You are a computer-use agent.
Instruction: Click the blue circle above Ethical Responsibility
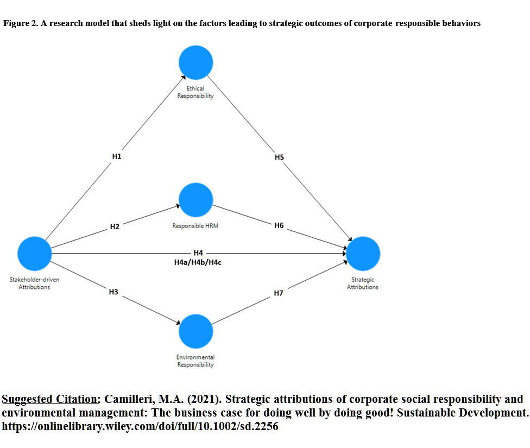coord(195,62)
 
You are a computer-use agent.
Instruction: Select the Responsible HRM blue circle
coord(195,200)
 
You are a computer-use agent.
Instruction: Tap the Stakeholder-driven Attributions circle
coord(34,254)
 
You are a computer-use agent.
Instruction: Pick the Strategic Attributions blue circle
coord(363,254)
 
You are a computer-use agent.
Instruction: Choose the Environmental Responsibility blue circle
coord(195,331)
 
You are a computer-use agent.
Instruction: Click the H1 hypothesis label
coord(117,156)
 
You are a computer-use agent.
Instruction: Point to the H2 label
coord(115,226)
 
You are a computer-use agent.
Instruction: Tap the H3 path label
coord(113,292)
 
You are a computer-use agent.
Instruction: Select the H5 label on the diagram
coord(279,157)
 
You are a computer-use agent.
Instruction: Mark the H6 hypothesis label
coord(279,225)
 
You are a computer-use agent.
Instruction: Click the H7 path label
coord(279,293)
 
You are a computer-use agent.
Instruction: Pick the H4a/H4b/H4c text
coord(198,262)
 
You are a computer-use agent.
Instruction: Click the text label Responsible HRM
coord(195,226)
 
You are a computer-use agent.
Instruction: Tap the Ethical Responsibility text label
coord(195,92)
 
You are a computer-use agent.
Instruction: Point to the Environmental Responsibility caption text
coord(195,361)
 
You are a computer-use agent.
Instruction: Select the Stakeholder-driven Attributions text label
coord(34,283)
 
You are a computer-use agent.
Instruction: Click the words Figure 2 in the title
coord(21,23)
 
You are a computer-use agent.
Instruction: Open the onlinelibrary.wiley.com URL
coord(140,426)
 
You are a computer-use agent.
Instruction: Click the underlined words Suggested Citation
coord(51,399)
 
